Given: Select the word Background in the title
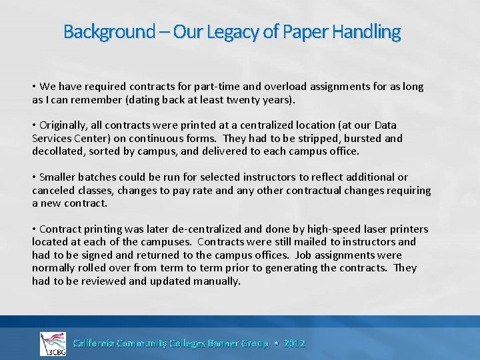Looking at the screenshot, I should (x=109, y=31).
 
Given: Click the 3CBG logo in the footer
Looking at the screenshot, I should (x=53, y=344).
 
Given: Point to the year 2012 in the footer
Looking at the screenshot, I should (x=294, y=343).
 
